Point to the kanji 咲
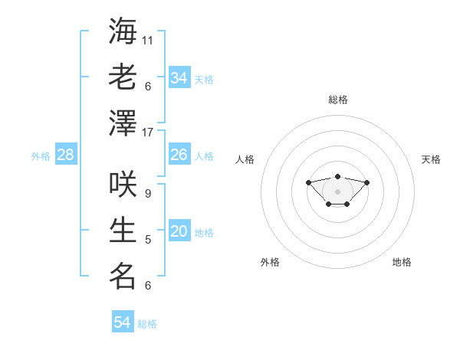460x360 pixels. pos(123,185)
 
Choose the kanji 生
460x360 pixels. pos(123,231)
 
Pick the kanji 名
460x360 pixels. pos(123,277)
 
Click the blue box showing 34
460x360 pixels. pos(179,78)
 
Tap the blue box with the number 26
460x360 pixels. pos(179,155)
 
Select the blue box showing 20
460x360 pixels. pos(179,232)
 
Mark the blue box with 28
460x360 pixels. pos(66,155)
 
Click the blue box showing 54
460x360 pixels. pos(123,322)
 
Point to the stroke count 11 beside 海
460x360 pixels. pos(148,40)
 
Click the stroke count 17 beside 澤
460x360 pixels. pos(148,133)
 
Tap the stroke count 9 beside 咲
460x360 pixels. pos(148,194)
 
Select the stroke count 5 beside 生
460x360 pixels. pos(148,240)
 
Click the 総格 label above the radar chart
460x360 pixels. pos(338,100)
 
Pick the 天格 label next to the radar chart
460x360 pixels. pos(432,159)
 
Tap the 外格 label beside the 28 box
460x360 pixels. pos(41,156)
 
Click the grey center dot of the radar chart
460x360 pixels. pos(337,191)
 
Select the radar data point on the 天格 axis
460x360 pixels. pos(367,182)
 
